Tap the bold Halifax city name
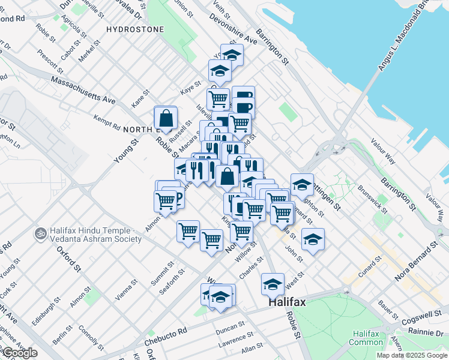point(286,302)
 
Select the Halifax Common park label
point(366,338)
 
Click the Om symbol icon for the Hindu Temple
point(41,232)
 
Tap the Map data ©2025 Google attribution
point(411,355)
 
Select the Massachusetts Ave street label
point(83,89)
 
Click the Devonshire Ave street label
point(234,29)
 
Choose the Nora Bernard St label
point(417,263)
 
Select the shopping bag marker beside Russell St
point(166,119)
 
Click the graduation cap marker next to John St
point(312,240)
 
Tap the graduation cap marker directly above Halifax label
point(273,284)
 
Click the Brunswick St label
point(374,203)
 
